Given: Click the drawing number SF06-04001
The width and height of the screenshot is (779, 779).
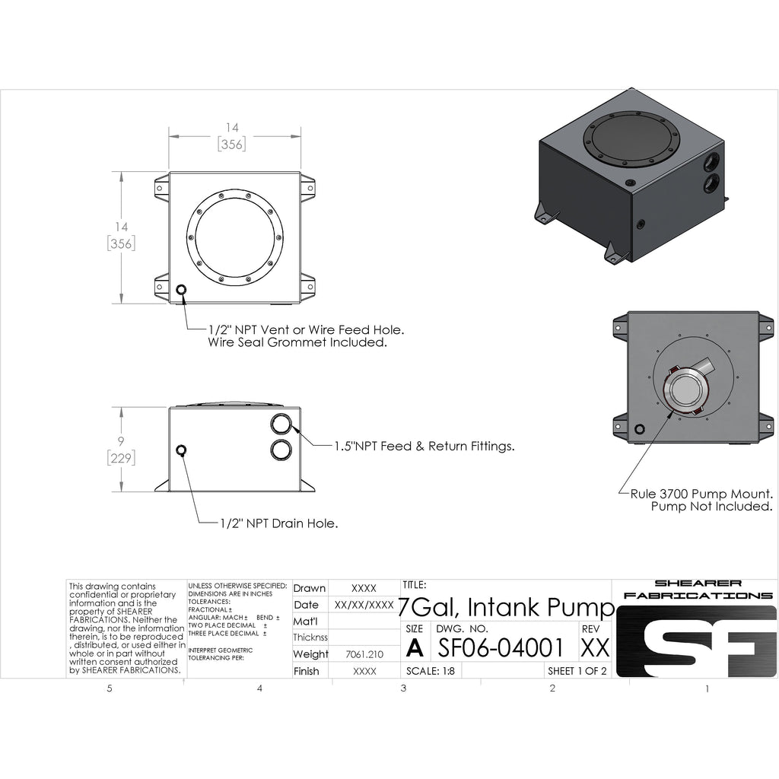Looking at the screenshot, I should (501, 647).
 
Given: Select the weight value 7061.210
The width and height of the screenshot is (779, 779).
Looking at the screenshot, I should (364, 654).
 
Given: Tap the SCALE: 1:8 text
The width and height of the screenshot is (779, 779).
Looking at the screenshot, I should (428, 671).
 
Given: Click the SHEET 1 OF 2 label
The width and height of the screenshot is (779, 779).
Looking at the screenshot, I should (577, 671).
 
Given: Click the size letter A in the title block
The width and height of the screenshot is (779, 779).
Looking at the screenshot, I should (415, 647).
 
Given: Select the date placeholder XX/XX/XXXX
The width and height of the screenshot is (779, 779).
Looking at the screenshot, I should (364, 605).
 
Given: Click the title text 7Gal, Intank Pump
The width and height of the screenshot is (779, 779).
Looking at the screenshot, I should (506, 607).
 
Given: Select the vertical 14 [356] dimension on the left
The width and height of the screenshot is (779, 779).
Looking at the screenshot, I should (121, 236).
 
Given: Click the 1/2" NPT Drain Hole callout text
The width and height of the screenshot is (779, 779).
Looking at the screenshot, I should (278, 523).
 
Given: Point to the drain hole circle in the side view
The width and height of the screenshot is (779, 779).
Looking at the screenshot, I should (181, 450).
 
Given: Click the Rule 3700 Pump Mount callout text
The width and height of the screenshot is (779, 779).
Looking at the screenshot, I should (701, 499).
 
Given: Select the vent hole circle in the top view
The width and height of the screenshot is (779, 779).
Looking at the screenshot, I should (181, 291).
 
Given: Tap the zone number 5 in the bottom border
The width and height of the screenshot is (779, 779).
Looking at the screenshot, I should (110, 688).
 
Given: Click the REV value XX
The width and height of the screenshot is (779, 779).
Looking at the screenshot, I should (594, 647).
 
